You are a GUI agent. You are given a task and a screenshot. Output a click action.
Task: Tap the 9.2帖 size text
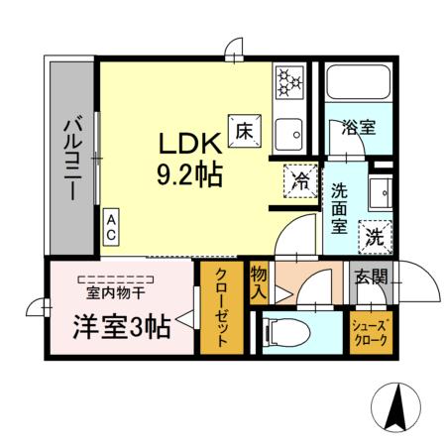[187, 176]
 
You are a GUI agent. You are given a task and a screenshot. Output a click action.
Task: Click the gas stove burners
[288, 82]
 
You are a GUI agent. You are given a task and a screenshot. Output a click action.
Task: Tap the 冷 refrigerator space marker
[300, 179]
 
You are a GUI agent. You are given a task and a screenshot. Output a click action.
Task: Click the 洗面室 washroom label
[340, 207]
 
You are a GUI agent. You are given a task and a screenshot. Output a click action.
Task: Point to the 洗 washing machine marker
[374, 236]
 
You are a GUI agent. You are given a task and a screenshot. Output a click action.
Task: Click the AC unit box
[112, 226]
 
